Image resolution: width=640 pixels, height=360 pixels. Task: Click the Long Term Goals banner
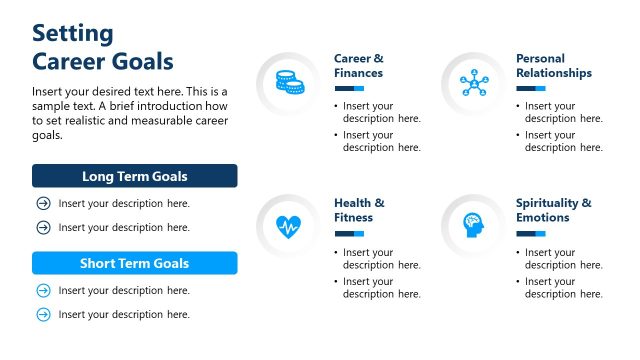click(x=134, y=177)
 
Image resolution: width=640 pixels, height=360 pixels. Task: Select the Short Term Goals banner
click(x=134, y=264)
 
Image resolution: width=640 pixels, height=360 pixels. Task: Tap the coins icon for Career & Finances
click(x=288, y=82)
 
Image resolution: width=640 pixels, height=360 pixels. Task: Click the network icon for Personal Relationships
click(x=471, y=82)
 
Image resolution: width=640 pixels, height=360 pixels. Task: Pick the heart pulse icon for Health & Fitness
click(x=288, y=225)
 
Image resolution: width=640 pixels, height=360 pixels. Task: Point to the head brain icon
click(x=471, y=225)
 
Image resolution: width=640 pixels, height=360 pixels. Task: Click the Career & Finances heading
click(x=358, y=66)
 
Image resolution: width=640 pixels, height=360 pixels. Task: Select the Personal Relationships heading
click(x=553, y=66)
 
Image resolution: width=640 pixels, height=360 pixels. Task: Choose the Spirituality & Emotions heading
click(x=553, y=210)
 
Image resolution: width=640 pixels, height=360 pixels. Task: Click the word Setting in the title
click(x=73, y=33)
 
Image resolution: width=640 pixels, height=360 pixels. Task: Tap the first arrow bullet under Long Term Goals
click(x=43, y=204)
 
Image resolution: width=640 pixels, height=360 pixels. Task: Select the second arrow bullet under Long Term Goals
click(x=43, y=227)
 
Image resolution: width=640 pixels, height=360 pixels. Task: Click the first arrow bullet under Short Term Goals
click(x=43, y=291)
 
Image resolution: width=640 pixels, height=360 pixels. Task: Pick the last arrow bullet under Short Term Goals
click(x=43, y=314)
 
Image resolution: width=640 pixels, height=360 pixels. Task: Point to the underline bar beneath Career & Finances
click(x=349, y=89)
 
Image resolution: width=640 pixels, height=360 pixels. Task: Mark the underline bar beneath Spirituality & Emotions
click(x=531, y=233)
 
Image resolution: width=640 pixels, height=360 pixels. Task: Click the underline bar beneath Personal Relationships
click(x=531, y=89)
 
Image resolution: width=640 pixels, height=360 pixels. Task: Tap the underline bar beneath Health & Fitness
click(x=349, y=233)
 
